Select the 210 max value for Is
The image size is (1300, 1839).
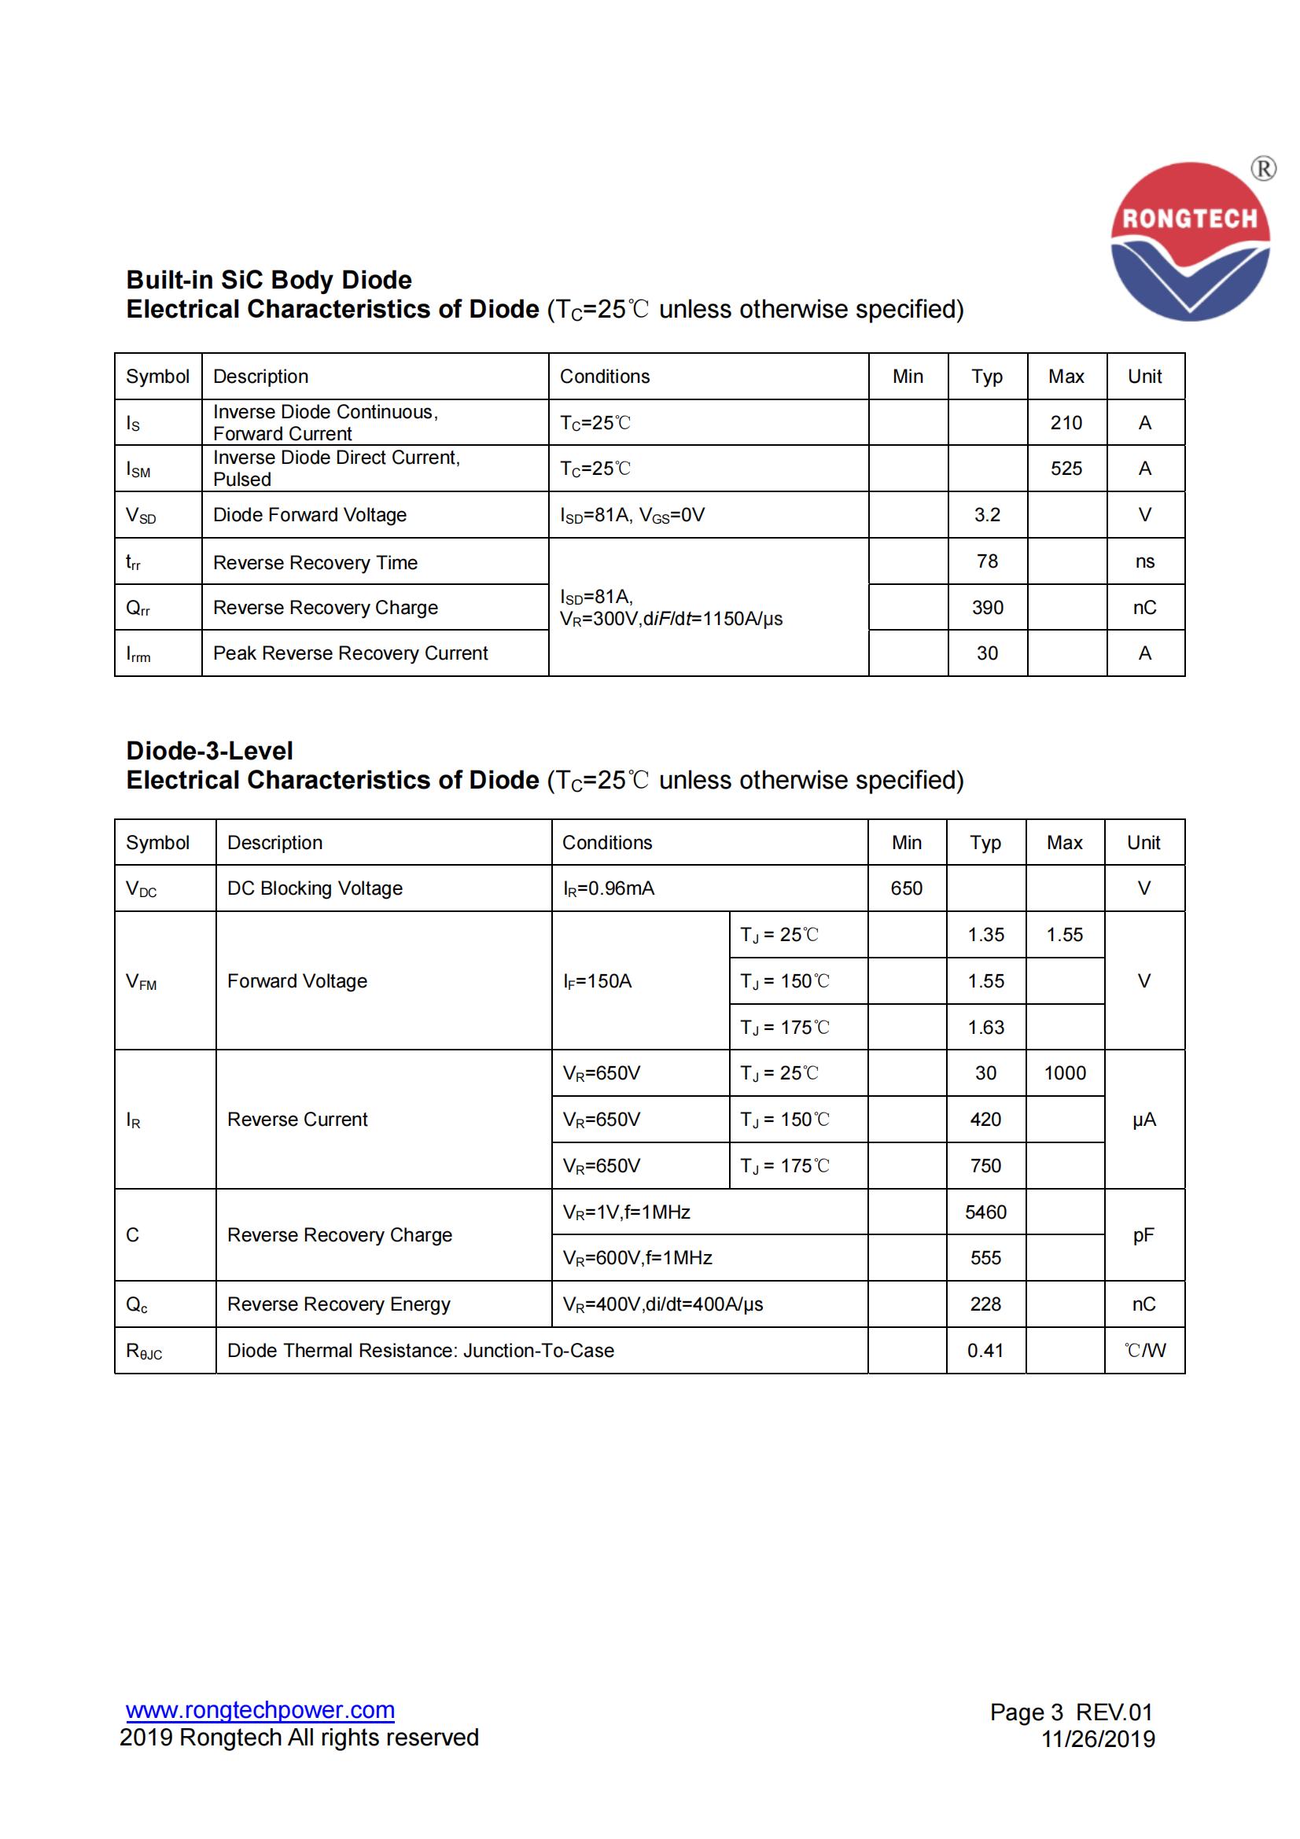coord(1066,423)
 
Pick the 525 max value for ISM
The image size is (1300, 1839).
coord(1066,469)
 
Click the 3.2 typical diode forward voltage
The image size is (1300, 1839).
coord(987,515)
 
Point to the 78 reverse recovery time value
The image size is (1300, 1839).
coord(987,561)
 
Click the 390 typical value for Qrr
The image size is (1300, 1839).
coord(987,608)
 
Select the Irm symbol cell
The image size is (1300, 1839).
coord(138,654)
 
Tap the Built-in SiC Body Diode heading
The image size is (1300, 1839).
coord(268,280)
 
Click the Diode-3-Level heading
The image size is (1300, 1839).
coord(209,751)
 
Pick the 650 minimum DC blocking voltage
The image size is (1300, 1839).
coord(906,888)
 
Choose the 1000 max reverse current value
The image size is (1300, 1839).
coord(1065,1073)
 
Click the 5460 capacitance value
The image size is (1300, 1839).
coord(985,1212)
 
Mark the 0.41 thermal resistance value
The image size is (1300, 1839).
coord(985,1351)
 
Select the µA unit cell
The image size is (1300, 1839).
coord(1143,1120)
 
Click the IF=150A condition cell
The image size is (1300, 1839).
coord(598,981)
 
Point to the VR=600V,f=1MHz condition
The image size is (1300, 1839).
coord(638,1258)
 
